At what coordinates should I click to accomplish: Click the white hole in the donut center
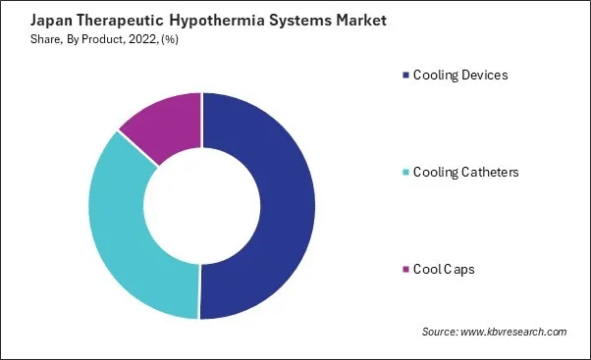(202, 206)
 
